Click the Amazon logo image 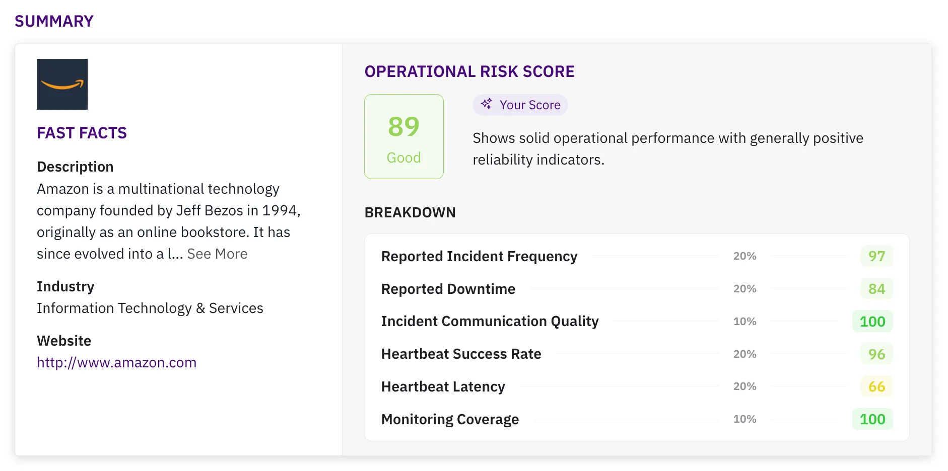(x=62, y=84)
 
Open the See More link (x=217, y=254)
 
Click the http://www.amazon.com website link (x=116, y=363)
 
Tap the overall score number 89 (x=403, y=127)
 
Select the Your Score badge (x=520, y=105)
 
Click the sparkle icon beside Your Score (x=486, y=104)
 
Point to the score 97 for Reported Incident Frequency (x=876, y=256)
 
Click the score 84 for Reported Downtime (x=876, y=289)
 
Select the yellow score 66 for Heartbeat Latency (x=876, y=386)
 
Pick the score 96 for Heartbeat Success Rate (x=876, y=354)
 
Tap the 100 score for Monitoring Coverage (x=872, y=419)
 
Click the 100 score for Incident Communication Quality (x=872, y=322)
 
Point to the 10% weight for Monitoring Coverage (x=744, y=419)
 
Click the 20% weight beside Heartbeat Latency (x=744, y=386)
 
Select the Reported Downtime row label (x=448, y=289)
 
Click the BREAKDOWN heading (x=410, y=213)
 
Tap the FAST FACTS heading (x=82, y=133)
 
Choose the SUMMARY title (x=54, y=21)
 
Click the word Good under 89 (x=403, y=158)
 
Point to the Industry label (x=65, y=287)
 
